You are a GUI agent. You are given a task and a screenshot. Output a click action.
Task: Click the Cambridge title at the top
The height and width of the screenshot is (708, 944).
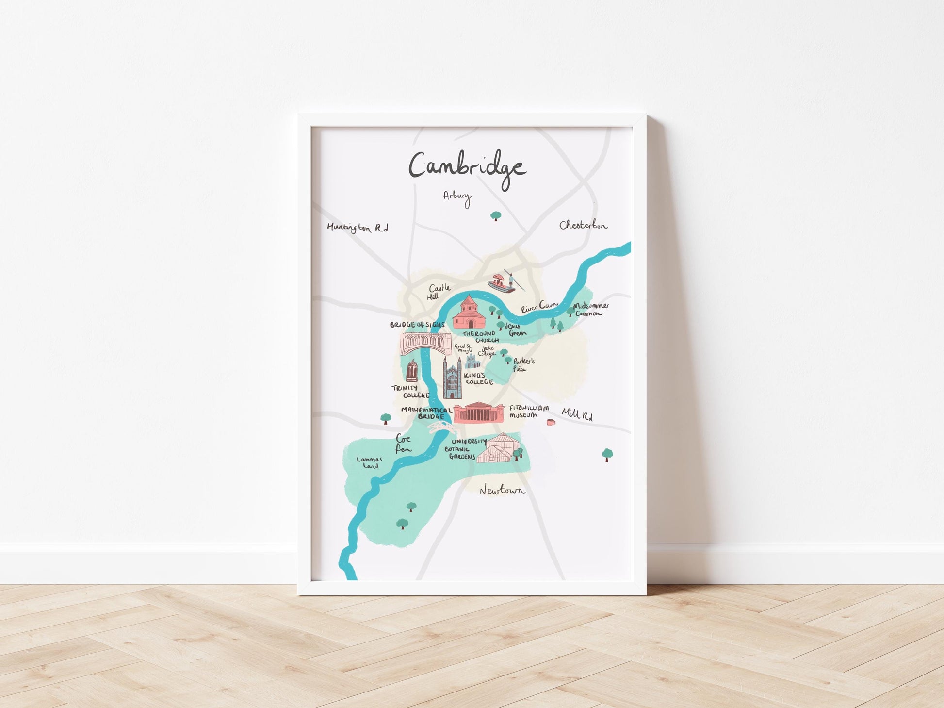click(467, 167)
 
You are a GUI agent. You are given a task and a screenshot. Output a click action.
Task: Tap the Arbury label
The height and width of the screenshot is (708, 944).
click(457, 197)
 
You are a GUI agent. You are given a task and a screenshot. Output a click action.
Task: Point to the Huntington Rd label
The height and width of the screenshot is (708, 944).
click(357, 228)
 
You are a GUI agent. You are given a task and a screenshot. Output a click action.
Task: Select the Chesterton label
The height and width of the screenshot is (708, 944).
click(583, 225)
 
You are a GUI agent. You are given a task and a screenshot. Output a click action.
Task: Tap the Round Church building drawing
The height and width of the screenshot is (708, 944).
click(469, 313)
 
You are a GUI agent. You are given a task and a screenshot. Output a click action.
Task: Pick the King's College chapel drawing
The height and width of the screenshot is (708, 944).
click(452, 378)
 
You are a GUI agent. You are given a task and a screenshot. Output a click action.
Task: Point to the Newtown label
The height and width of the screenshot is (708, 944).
click(502, 491)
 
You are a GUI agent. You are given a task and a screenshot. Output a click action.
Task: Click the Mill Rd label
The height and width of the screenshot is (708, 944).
click(577, 414)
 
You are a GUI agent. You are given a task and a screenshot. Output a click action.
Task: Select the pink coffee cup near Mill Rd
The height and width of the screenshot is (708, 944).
click(551, 422)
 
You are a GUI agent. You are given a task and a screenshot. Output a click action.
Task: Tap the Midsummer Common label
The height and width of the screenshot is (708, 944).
click(590, 310)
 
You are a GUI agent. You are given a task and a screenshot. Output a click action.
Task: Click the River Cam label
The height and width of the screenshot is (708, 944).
click(539, 307)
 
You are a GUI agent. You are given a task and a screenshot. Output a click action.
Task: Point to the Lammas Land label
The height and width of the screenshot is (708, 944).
click(370, 462)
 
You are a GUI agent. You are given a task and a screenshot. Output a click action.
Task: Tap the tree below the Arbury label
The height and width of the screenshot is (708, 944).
click(495, 215)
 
